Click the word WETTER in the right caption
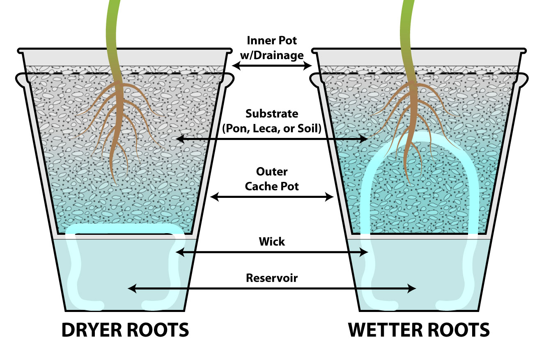[x=384, y=330]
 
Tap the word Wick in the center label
[x=272, y=241]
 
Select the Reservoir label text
[x=272, y=278]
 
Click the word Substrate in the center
[x=272, y=113]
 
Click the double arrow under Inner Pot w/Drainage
[x=272, y=66]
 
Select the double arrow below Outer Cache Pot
[x=272, y=197]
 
